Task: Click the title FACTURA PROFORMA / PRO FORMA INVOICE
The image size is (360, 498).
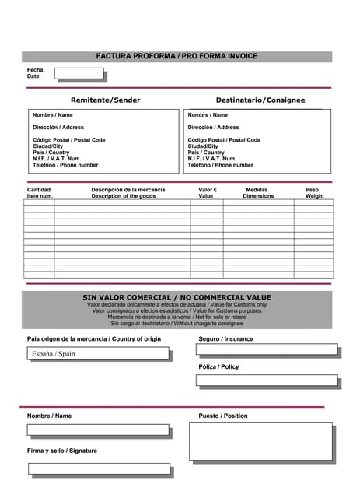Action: (x=177, y=56)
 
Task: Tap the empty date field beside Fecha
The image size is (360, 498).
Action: (x=79, y=74)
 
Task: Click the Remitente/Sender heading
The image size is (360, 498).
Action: (x=106, y=100)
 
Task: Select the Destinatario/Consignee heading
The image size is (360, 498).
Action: (x=260, y=100)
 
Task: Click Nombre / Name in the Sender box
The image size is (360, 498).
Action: (x=53, y=115)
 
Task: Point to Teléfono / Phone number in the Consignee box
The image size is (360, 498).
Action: (x=220, y=165)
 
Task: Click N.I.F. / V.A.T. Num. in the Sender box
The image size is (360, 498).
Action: (x=57, y=159)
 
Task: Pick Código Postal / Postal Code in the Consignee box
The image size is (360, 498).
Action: (x=224, y=140)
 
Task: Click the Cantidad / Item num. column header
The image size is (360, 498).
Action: (x=40, y=193)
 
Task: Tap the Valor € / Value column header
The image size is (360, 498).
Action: (x=207, y=193)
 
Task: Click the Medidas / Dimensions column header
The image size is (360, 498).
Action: (x=258, y=193)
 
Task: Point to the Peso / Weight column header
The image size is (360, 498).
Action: (x=313, y=193)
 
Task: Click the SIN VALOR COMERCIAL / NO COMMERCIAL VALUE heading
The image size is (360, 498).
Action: (x=177, y=297)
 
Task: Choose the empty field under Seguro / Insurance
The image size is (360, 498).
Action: (x=267, y=349)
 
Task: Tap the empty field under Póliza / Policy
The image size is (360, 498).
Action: (x=267, y=381)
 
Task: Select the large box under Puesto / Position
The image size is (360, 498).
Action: (x=260, y=441)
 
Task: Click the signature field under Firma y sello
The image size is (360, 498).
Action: (x=99, y=468)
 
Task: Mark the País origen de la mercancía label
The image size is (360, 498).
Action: (x=94, y=339)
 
